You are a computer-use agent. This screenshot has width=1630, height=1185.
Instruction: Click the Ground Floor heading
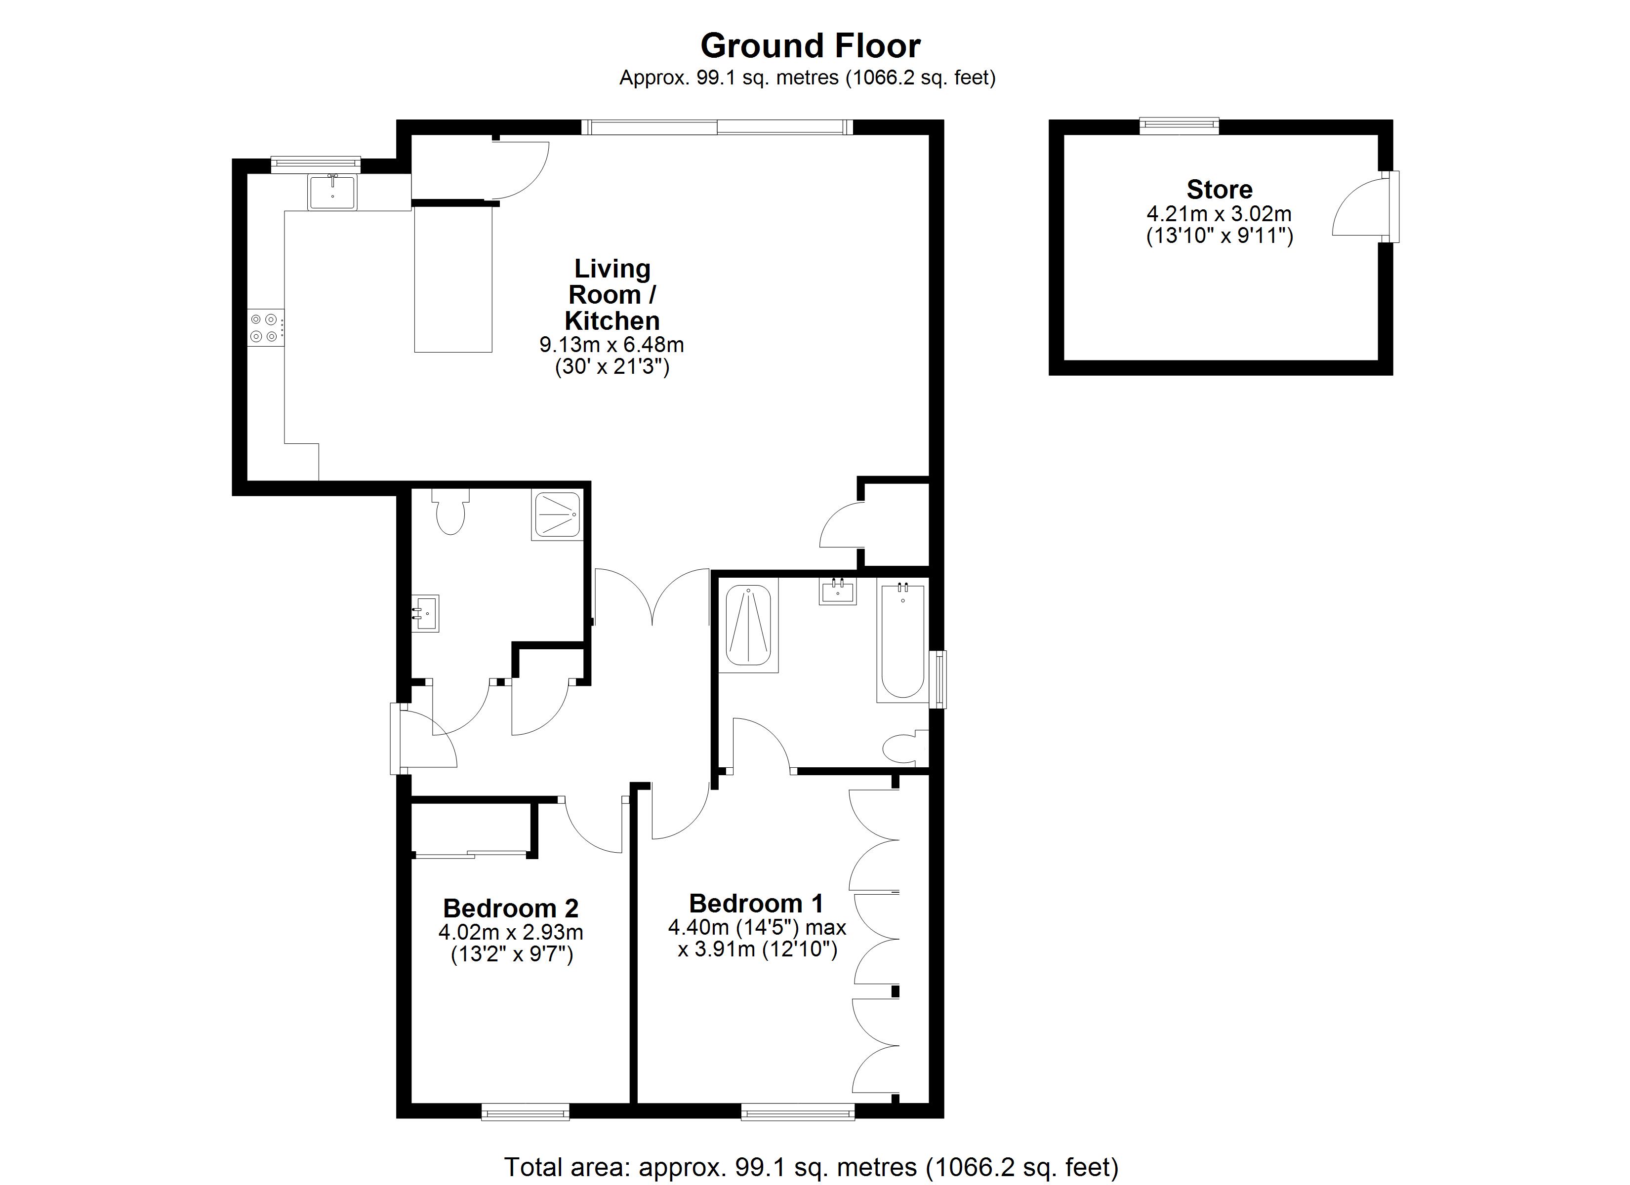[810, 46]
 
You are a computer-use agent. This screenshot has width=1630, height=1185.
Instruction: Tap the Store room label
[1219, 190]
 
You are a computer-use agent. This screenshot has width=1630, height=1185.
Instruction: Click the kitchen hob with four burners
[264, 327]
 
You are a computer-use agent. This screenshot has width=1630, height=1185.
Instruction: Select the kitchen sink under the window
[332, 191]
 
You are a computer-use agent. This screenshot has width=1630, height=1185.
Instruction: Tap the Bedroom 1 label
[756, 903]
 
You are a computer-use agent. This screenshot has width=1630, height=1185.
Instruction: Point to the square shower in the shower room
[557, 514]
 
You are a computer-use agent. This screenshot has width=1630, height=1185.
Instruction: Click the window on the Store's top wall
[1180, 126]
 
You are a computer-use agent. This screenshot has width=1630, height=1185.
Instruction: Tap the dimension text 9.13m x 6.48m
[611, 345]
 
